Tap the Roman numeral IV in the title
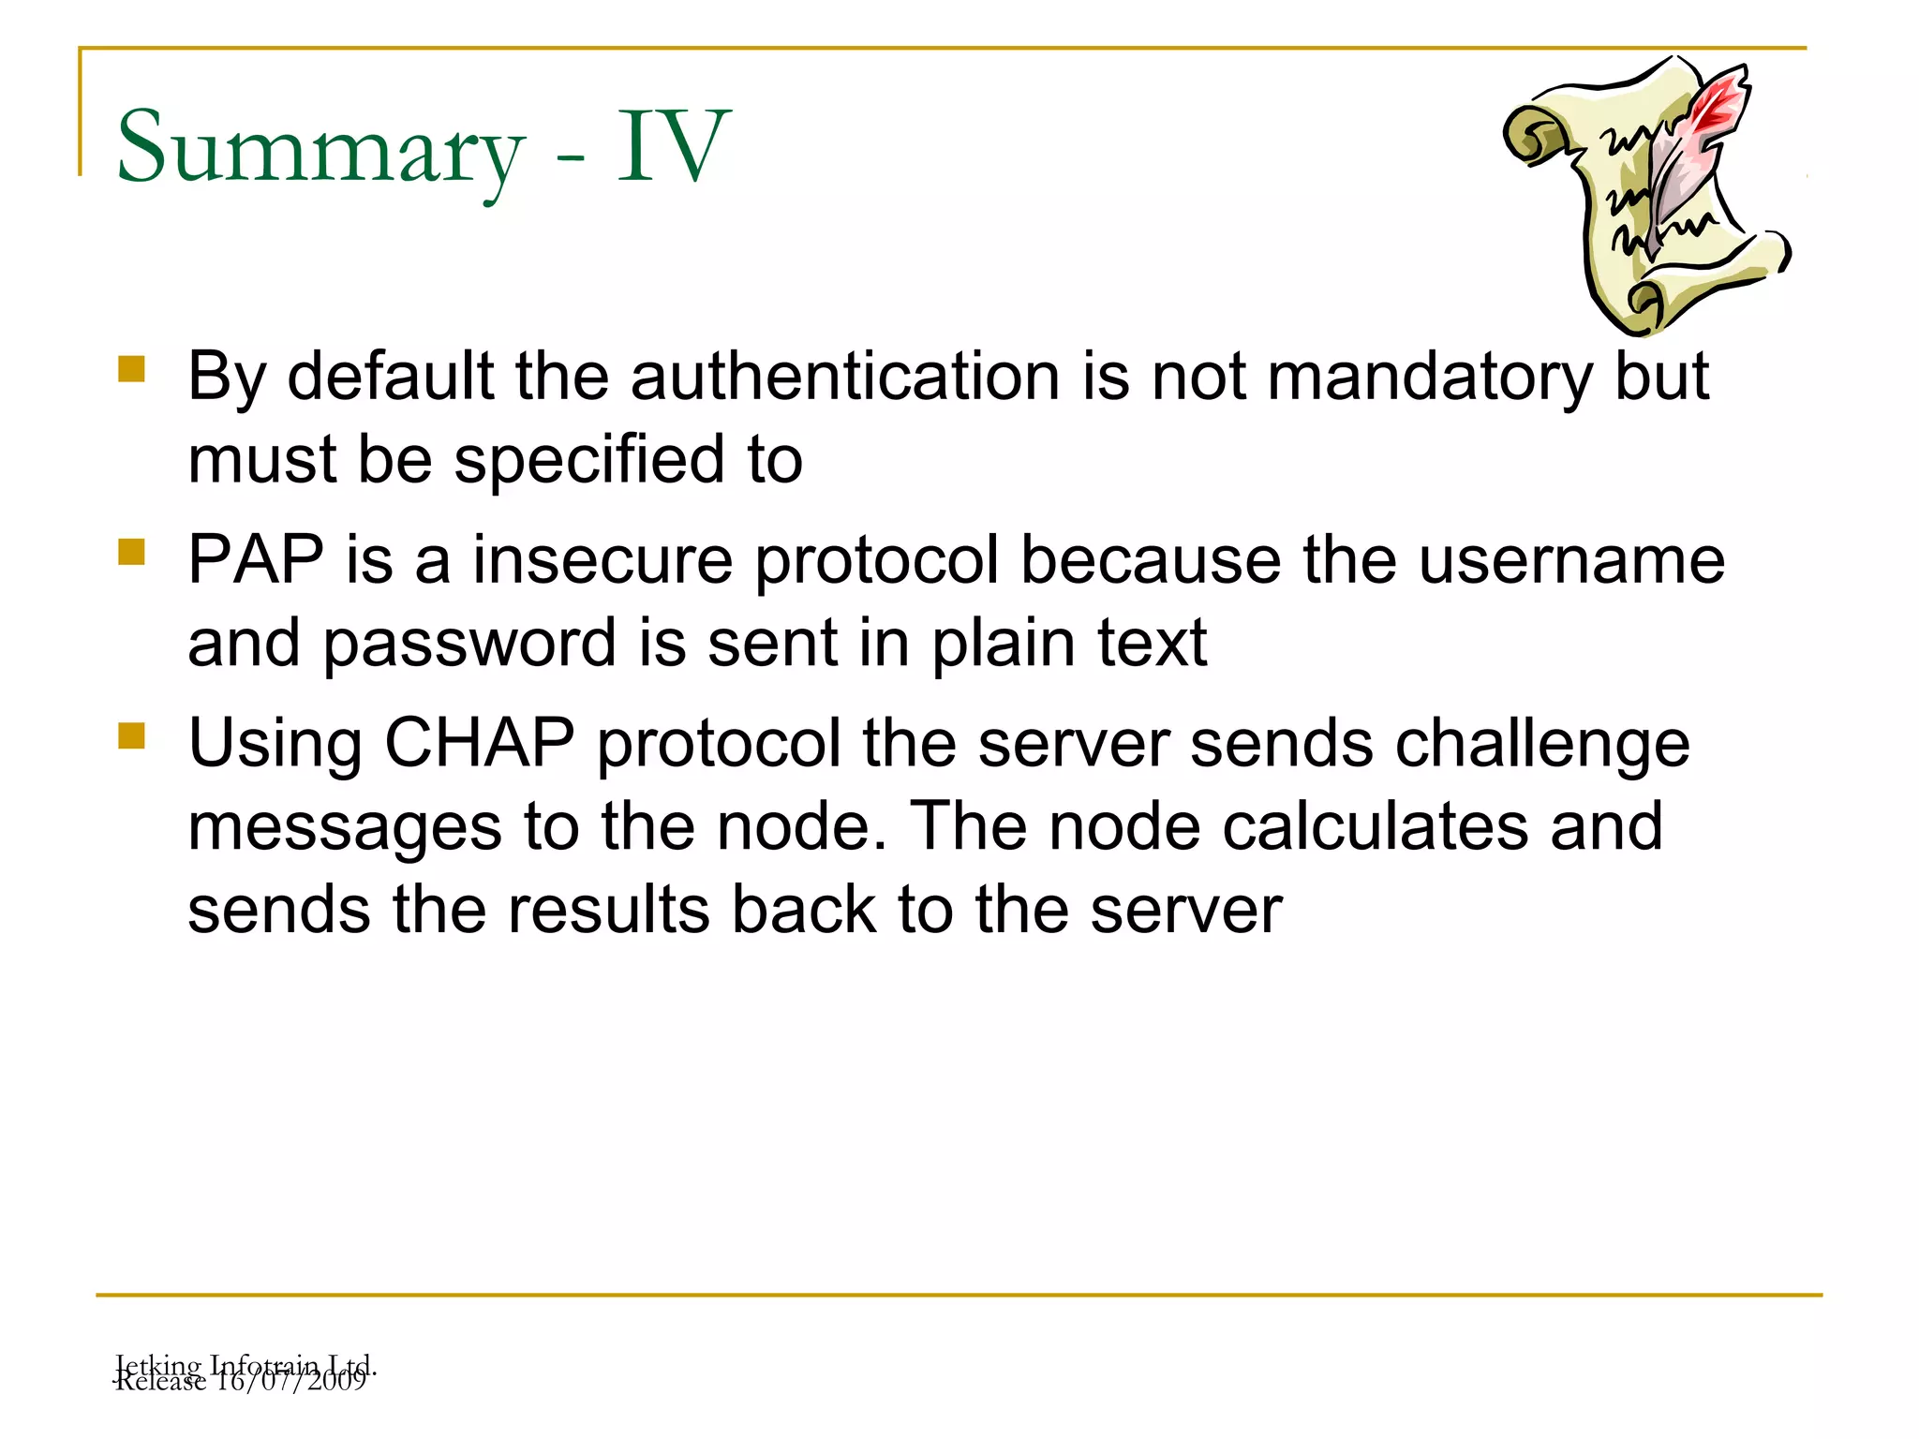pyautogui.click(x=672, y=148)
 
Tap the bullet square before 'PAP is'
pyautogui.click(x=131, y=552)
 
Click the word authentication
pyautogui.click(x=845, y=377)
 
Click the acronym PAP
pyautogui.click(x=256, y=560)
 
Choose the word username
pyautogui.click(x=1570, y=560)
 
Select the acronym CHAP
pyautogui.click(x=479, y=744)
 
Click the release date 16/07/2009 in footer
pyautogui.click(x=290, y=1381)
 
